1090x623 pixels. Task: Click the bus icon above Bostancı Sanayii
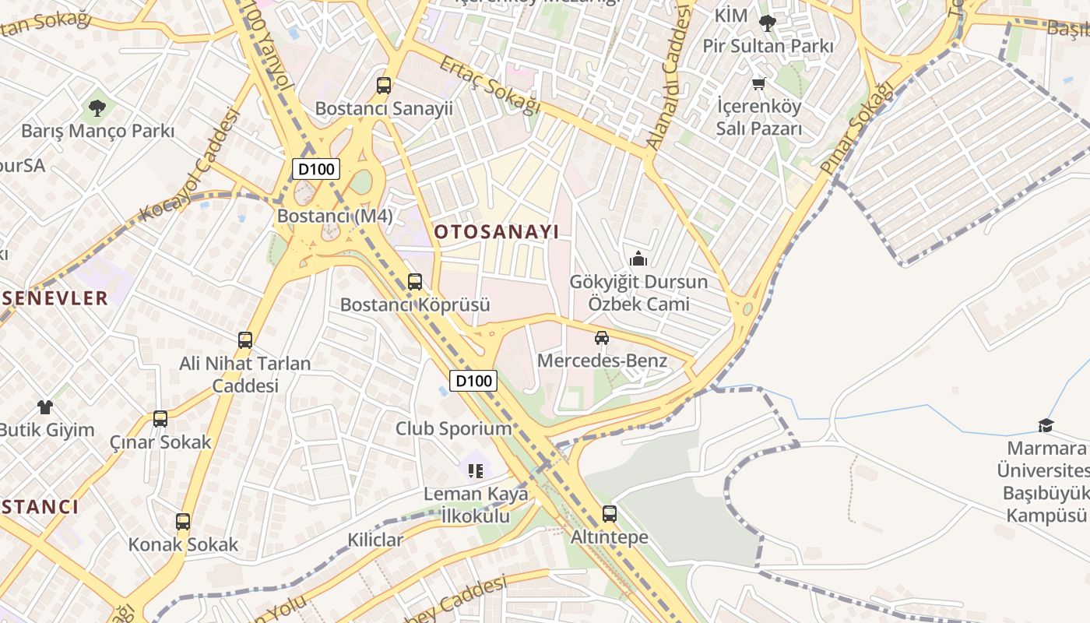coord(383,86)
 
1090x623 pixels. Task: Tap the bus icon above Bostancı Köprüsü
coord(415,282)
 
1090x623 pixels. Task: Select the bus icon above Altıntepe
coord(610,514)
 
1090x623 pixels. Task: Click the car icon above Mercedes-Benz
coord(602,338)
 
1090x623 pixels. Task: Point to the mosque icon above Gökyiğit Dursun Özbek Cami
coord(638,259)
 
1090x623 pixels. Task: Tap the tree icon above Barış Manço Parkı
coord(97,108)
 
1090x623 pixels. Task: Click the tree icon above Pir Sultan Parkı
coord(768,23)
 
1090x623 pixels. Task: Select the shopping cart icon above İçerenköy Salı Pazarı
coord(759,83)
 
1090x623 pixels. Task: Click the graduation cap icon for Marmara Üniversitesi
coord(1046,425)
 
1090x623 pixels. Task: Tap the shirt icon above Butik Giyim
coord(45,407)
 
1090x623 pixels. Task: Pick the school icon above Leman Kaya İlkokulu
coord(476,470)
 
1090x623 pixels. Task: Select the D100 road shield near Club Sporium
coord(473,380)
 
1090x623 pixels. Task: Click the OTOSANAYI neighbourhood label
coord(497,231)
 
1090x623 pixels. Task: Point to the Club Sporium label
coord(454,428)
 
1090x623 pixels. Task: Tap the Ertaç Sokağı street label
coord(490,86)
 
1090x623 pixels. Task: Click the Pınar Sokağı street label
coord(856,128)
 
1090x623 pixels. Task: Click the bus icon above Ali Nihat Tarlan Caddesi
coord(245,340)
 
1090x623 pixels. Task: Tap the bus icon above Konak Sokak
coord(183,522)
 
